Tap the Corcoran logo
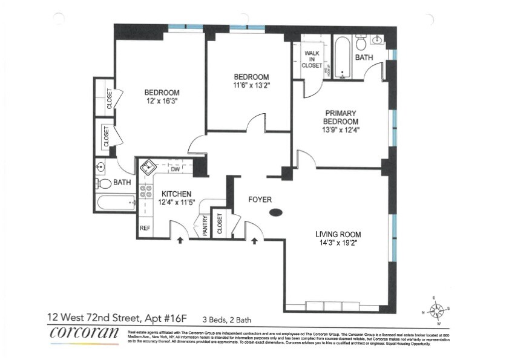pos(84,332)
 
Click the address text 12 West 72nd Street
pos(103,316)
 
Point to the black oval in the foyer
pos(275,212)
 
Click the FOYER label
pos(260,200)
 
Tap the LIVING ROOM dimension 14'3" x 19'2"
pos(338,244)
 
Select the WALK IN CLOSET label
pos(312,59)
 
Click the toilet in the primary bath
pos(361,42)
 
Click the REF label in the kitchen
pos(145,228)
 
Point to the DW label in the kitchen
pos(175,170)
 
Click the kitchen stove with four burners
pos(146,192)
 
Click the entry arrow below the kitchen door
pos(179,241)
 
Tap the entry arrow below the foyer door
pos(254,241)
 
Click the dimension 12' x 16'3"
pos(162,102)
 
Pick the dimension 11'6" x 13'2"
pos(251,86)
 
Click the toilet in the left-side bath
pos(105,183)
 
